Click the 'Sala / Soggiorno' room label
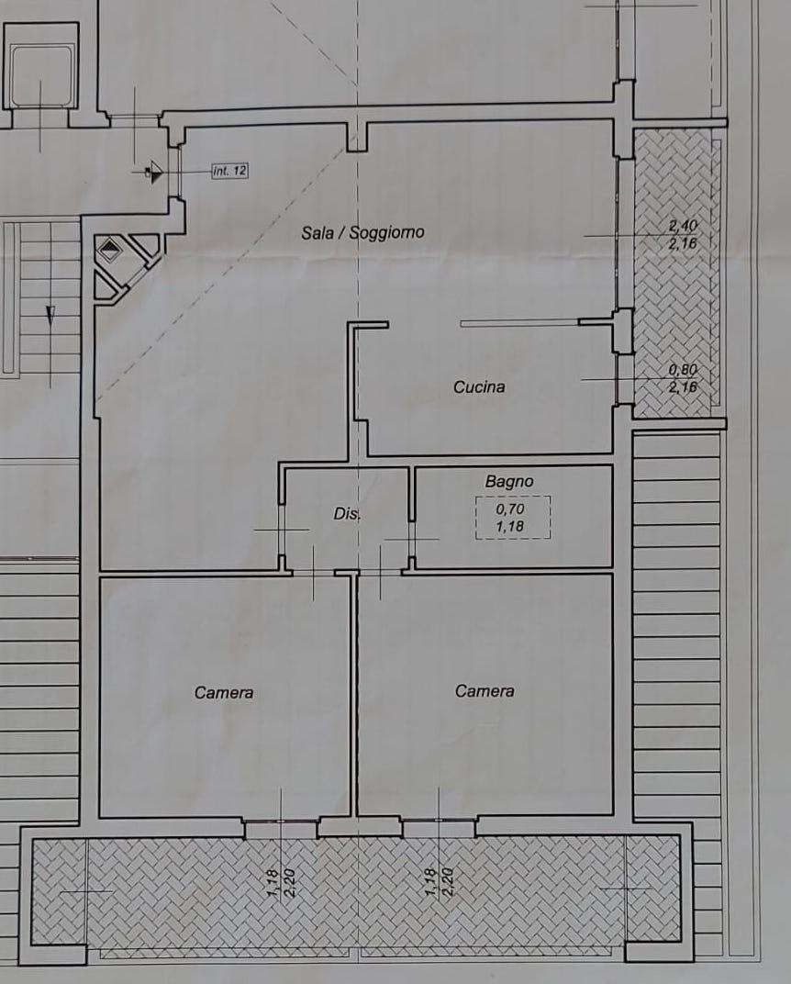[x=362, y=233]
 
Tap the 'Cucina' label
[x=479, y=386]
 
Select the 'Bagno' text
[x=509, y=481]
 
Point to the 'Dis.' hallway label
[x=347, y=513]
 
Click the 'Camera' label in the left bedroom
[x=224, y=692]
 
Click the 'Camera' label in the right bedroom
[x=485, y=691]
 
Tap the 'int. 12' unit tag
[x=230, y=170]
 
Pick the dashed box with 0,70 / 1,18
[x=513, y=517]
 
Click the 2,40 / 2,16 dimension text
[x=683, y=234]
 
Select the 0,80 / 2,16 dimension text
[x=683, y=378]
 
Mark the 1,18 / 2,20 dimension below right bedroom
[x=439, y=882]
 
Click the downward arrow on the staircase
[x=50, y=315]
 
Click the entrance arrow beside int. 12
[x=154, y=172]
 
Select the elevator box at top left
[x=40, y=66]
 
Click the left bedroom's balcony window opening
[x=281, y=821]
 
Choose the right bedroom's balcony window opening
[x=439, y=821]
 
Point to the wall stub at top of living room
[x=357, y=136]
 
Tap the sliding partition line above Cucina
[x=519, y=324]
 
